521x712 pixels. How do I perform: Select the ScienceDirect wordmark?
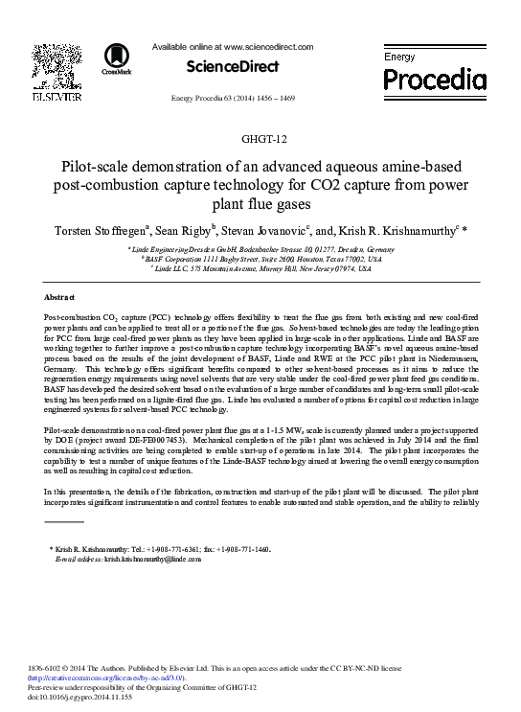pyautogui.click(x=233, y=66)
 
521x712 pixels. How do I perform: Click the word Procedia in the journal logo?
pyautogui.click(x=429, y=75)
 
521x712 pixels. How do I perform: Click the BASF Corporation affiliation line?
pyautogui.click(x=260, y=259)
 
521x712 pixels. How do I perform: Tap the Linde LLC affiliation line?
pyautogui.click(x=260, y=268)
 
